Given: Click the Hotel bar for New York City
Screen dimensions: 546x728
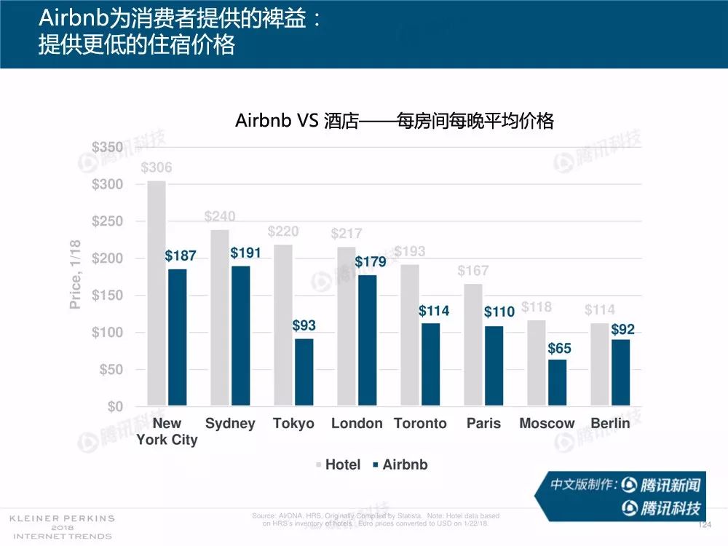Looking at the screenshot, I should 157,293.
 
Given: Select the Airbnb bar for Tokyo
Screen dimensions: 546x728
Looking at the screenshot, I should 304,372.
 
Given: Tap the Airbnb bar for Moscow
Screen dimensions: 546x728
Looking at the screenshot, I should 557,382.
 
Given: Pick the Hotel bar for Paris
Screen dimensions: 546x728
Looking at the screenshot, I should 472,344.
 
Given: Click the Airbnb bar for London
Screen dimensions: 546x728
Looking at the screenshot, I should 367,340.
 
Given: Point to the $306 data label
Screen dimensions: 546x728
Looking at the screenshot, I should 157,168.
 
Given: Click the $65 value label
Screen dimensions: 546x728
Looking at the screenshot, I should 559,349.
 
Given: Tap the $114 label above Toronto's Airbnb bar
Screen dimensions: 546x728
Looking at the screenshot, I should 434,311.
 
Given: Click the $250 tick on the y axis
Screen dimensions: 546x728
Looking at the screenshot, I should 107,221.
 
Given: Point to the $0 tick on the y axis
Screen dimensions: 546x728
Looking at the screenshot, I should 115,406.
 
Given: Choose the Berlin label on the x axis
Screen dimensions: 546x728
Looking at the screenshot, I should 610,424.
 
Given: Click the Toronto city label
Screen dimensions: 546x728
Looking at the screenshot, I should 420,424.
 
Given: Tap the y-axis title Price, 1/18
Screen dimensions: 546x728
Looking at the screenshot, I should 75,274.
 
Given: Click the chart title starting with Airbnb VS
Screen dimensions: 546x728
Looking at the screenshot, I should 395,121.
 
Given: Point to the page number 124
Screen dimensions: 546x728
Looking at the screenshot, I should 703,525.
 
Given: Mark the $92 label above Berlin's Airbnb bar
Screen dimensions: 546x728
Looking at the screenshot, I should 622,330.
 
